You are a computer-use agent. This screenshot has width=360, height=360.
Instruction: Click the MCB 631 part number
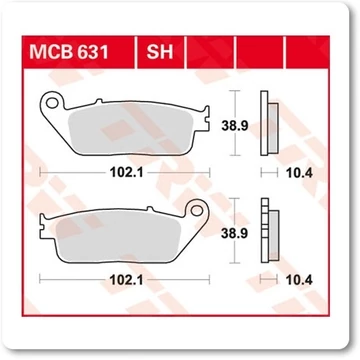pyautogui.click(x=69, y=52)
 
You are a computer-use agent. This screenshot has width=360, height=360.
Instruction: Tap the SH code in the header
pyautogui.click(x=160, y=52)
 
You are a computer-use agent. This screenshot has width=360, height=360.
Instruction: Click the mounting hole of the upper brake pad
pyautogui.click(x=52, y=103)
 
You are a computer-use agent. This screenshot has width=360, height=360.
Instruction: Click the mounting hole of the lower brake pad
pyautogui.click(x=197, y=210)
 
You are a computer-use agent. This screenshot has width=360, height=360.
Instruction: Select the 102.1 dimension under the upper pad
pyautogui.click(x=126, y=173)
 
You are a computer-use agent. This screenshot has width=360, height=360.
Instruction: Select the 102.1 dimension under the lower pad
pyautogui.click(x=126, y=280)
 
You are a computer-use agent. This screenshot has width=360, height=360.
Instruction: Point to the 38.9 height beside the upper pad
pyautogui.click(x=235, y=126)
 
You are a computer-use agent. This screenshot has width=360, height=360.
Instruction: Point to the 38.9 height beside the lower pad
pyautogui.click(x=235, y=234)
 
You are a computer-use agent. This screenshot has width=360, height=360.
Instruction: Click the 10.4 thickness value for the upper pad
pyautogui.click(x=299, y=173)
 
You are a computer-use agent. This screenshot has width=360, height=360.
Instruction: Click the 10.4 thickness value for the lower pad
pyautogui.click(x=299, y=280)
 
